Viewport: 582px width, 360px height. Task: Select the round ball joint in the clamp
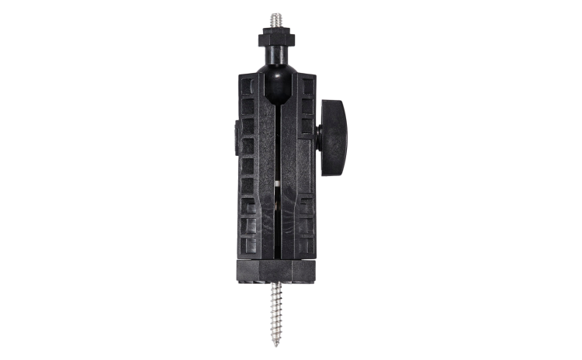point(277,78)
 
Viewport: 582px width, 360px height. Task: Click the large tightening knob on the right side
point(334,127)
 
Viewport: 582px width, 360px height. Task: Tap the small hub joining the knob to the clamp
point(318,131)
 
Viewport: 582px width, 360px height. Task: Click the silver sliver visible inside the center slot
point(278,185)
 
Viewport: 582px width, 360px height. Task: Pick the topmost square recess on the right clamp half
point(307,86)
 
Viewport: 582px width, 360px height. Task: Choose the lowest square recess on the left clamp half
point(249,245)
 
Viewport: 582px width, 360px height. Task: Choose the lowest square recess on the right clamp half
point(307,245)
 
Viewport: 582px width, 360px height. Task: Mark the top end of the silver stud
point(275,14)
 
